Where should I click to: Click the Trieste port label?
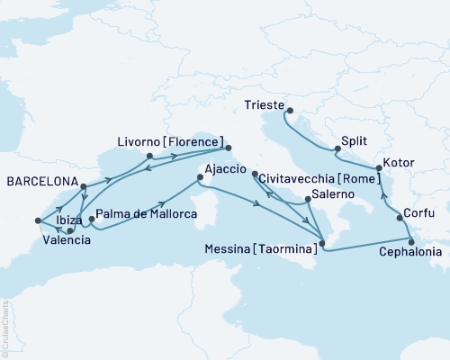[265, 103]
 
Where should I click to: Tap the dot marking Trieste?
[289, 111]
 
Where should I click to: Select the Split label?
[355, 141]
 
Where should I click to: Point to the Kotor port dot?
[377, 167]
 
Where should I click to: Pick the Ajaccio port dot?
[198, 179]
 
